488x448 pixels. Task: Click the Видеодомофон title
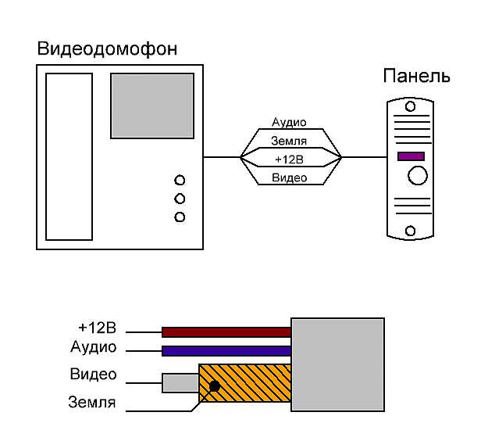(x=107, y=49)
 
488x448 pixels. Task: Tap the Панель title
(x=416, y=77)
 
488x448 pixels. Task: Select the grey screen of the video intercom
(x=151, y=105)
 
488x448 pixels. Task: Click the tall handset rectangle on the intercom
(x=69, y=156)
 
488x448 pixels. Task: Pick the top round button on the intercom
(x=180, y=180)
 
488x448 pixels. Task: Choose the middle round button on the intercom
(x=180, y=199)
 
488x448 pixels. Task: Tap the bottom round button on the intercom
(x=180, y=217)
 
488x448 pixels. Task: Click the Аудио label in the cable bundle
(x=289, y=123)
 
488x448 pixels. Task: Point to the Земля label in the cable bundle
(x=289, y=142)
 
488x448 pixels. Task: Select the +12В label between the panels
(x=289, y=159)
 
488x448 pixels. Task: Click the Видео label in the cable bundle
(x=289, y=178)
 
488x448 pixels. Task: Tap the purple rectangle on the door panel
(x=411, y=156)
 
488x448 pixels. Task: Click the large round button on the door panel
(x=419, y=175)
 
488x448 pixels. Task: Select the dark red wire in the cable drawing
(x=226, y=332)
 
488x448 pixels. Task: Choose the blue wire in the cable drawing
(x=226, y=350)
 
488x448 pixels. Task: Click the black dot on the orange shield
(x=213, y=385)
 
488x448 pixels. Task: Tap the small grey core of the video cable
(x=179, y=383)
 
